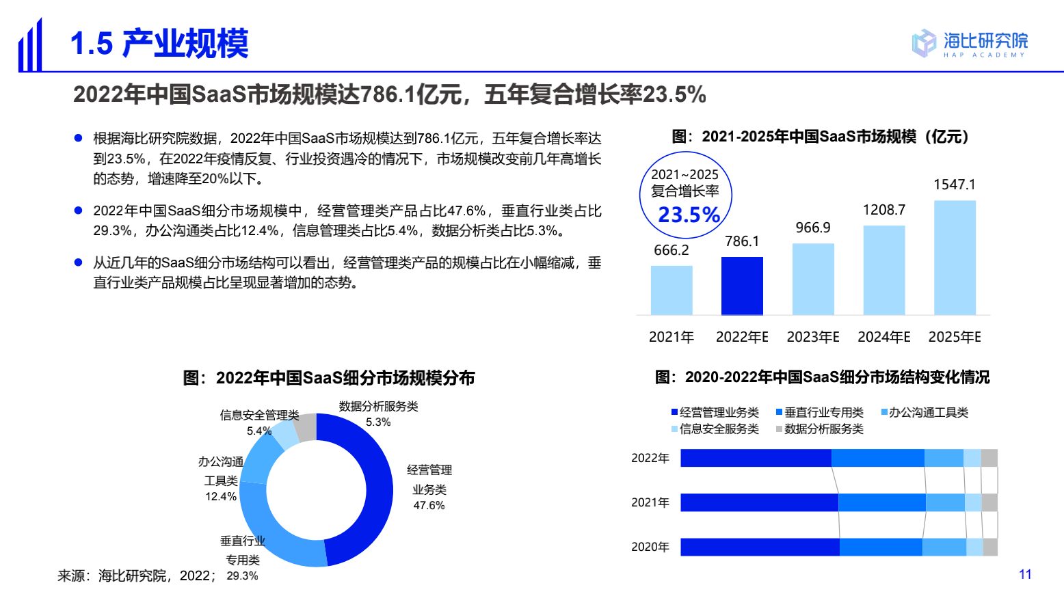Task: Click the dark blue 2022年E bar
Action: (742, 286)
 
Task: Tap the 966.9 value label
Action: (813, 228)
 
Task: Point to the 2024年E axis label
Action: (884, 337)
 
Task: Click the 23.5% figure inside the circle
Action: (689, 215)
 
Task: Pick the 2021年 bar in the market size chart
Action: (671, 290)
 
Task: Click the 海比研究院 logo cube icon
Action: (923, 43)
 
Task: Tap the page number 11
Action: (1025, 574)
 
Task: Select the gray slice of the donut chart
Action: (306, 427)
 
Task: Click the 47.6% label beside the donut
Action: (429, 506)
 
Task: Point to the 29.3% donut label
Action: (242, 576)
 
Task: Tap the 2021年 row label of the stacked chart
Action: (650, 502)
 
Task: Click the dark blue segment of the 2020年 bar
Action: (759, 547)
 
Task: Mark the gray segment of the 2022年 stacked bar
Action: (989, 458)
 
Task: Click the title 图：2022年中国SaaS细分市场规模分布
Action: (328, 378)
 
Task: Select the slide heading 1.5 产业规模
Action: (159, 44)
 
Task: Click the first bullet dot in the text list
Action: (78, 139)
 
